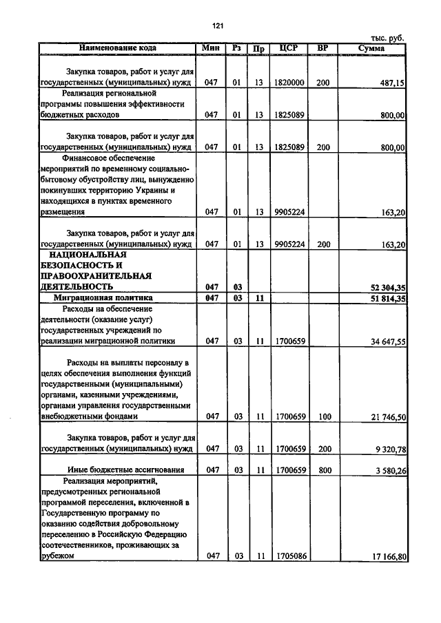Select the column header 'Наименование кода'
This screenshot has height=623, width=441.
coord(117,48)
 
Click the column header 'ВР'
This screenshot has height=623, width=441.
coord(322,48)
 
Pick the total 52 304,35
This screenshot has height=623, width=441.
coord(384,286)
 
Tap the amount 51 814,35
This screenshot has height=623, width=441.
coord(384,298)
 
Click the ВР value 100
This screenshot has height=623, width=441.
coord(323,416)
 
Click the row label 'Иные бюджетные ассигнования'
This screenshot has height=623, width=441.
coord(121,470)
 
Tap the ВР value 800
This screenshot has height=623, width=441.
coord(323,470)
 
